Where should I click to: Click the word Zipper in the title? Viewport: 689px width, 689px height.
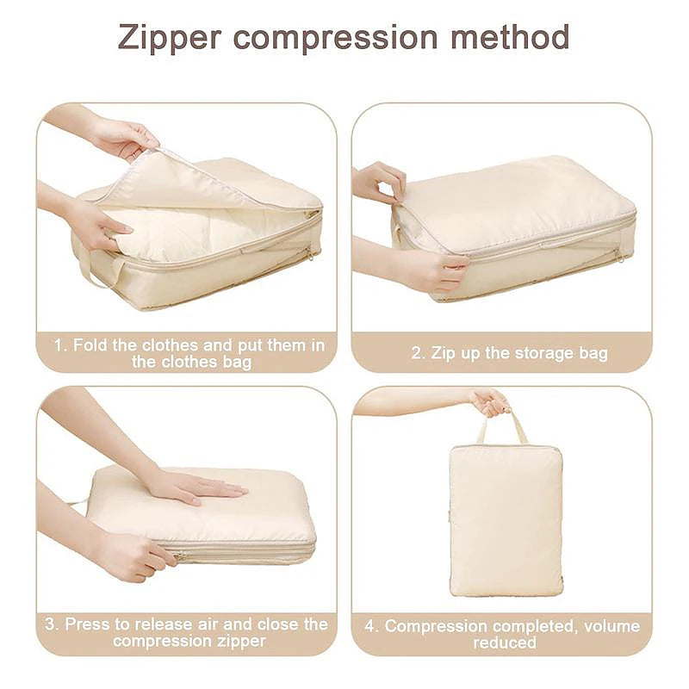pyautogui.click(x=168, y=39)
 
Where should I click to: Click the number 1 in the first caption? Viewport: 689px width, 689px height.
pyautogui.click(x=59, y=344)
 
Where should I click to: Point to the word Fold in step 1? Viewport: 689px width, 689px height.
pyautogui.click(x=91, y=344)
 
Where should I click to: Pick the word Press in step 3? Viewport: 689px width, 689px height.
pyautogui.click(x=87, y=624)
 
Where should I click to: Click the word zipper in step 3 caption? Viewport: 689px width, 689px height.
pyautogui.click(x=238, y=641)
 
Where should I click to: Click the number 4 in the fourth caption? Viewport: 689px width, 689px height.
pyautogui.click(x=370, y=626)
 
